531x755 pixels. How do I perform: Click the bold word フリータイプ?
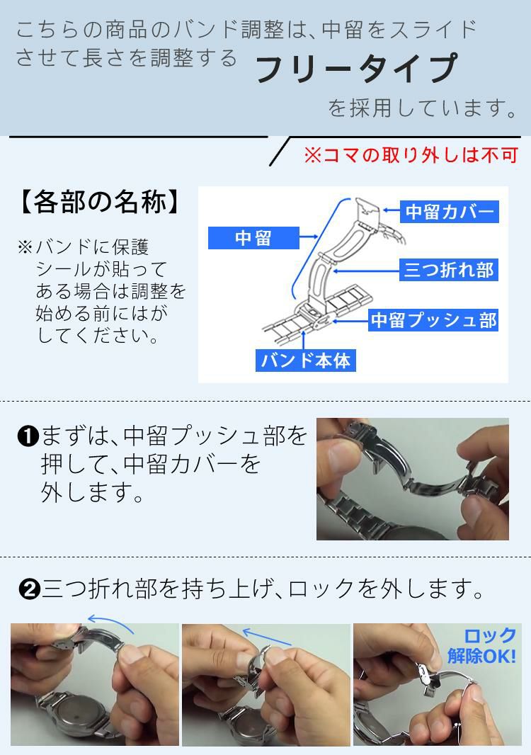356,69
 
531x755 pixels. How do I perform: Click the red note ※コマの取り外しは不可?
411,155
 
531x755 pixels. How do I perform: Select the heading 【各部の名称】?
97,203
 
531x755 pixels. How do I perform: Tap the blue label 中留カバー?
448,212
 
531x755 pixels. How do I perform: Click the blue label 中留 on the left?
253,238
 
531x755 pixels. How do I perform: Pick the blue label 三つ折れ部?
447,271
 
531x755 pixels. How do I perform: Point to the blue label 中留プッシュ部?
433,320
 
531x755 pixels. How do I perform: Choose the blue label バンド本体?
305,360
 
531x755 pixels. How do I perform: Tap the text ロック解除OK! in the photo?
482,645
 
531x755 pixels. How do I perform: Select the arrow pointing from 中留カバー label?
391,211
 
